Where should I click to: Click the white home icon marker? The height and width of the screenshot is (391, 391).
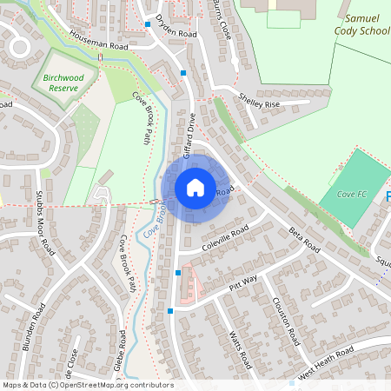pos(195,187)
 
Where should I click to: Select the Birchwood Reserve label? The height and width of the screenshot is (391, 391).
pos(66,82)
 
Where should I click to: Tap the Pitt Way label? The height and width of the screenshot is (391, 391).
pos(243,280)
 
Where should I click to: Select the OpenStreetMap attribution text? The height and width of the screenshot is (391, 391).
pos(88,385)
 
